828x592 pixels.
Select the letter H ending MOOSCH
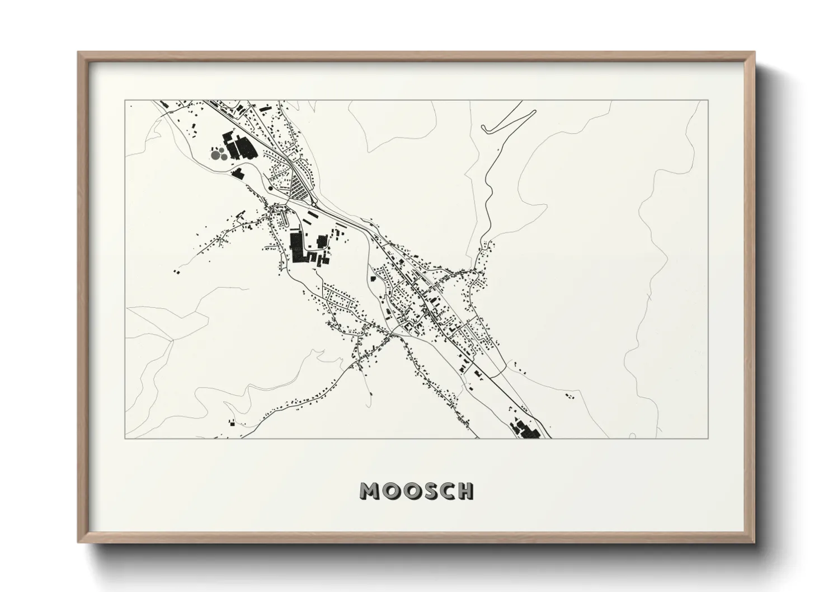(465, 491)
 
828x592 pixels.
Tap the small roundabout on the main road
(271, 189)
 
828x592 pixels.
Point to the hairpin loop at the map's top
(484, 129)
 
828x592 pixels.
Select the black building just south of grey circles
(237, 173)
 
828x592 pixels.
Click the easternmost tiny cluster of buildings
(569, 396)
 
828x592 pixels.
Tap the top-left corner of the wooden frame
(78, 52)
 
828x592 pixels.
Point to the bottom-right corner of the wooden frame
(755, 543)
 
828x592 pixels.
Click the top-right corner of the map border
(708, 100)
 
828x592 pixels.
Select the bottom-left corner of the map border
(125, 439)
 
